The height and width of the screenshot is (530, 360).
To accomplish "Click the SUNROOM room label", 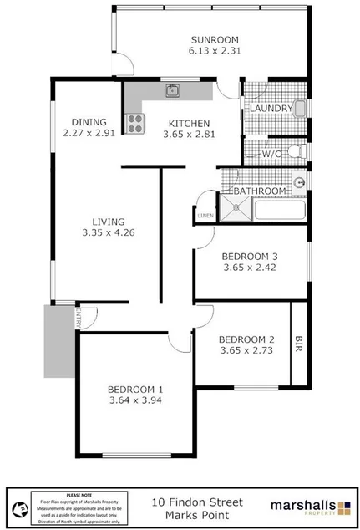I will tap(214, 39).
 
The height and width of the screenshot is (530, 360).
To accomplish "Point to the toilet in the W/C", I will tap(293, 152).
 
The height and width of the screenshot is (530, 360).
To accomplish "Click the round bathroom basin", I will tap(298, 183).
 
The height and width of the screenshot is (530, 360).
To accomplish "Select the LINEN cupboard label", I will tap(205, 216).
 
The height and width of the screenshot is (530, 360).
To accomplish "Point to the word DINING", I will tap(89, 120).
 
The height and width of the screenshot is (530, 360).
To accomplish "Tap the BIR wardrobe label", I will tap(299, 343).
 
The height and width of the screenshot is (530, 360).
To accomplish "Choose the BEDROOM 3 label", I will tap(250, 256).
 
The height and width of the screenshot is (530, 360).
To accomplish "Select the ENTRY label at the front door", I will tap(78, 317).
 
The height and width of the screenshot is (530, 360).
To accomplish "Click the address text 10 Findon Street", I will tap(197, 502).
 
